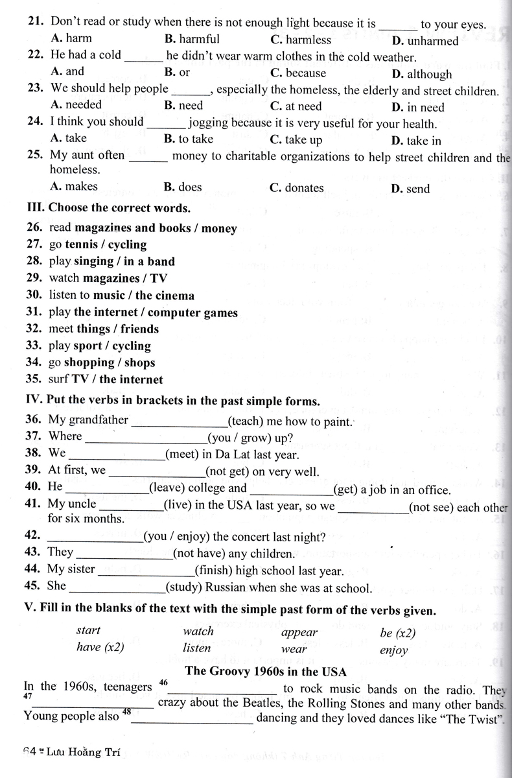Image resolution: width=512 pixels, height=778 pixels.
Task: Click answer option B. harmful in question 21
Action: tap(192, 39)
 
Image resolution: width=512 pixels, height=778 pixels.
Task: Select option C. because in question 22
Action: tap(297, 73)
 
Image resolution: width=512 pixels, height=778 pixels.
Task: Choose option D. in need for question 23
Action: tap(418, 107)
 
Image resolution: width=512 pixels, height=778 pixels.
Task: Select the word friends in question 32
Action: tap(139, 329)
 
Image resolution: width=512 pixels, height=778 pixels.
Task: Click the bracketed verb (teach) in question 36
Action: tap(245, 421)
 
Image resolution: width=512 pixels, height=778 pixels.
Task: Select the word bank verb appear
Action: tap(299, 632)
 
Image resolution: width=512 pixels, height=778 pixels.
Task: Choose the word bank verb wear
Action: tap(294, 648)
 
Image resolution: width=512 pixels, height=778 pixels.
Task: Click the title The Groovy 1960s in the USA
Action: tap(266, 670)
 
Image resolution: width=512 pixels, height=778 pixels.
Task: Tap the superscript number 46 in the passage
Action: tap(163, 683)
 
